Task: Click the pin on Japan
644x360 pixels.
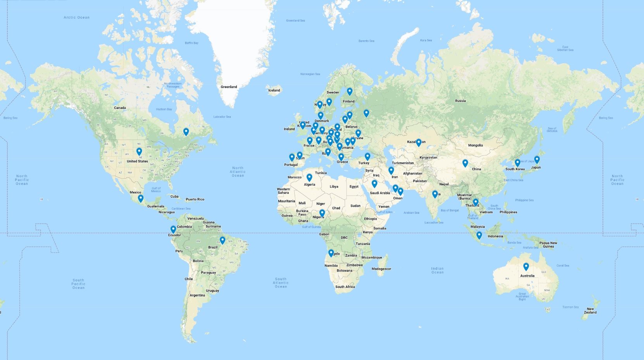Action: click(537, 160)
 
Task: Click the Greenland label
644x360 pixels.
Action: click(229, 87)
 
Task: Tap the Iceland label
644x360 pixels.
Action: click(274, 90)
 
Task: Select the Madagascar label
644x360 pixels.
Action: click(381, 269)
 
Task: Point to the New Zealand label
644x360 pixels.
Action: click(590, 310)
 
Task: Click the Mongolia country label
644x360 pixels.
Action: click(475, 145)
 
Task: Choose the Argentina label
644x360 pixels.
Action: click(197, 295)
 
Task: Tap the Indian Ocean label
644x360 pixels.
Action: click(437, 270)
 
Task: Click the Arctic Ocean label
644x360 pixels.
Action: click(76, 17)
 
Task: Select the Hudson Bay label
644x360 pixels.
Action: click(164, 109)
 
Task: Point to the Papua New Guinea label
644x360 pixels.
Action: click(548, 245)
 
